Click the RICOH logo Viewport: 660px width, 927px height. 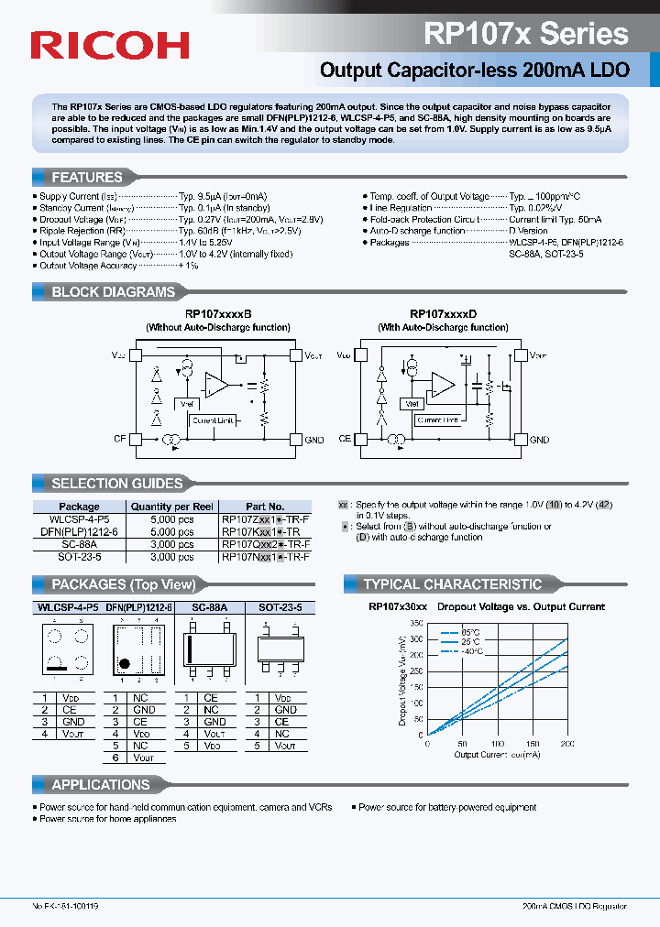[x=110, y=46]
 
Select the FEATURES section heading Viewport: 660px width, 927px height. [x=86, y=178]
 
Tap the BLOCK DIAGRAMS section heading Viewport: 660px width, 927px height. [x=113, y=292]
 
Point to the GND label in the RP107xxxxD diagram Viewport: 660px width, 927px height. [x=539, y=440]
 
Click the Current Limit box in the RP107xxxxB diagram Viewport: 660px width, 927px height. [x=212, y=420]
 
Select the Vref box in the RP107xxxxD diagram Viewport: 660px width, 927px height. [x=412, y=404]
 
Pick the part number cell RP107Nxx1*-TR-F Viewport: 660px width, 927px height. [x=266, y=556]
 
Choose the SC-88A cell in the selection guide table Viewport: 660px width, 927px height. [x=80, y=544]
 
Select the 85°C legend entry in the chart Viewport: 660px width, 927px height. [x=472, y=633]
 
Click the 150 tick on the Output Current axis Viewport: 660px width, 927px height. [x=533, y=744]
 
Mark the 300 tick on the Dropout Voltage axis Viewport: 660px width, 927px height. [x=417, y=638]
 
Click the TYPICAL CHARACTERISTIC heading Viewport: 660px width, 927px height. [x=452, y=584]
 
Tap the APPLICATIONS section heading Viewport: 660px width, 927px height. [x=100, y=785]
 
